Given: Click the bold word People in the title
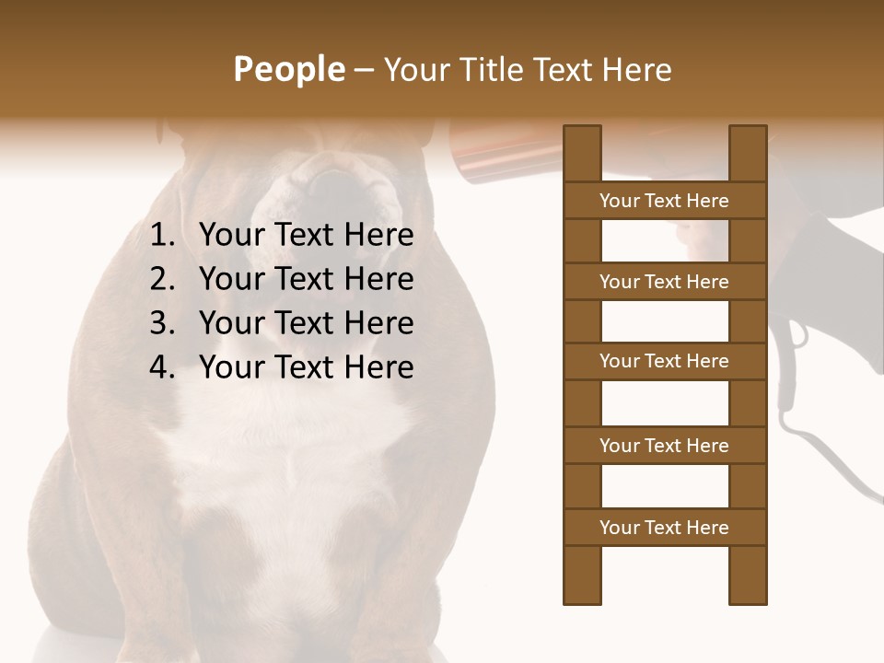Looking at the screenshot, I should click(288, 69).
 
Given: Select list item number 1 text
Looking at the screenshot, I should click(306, 235).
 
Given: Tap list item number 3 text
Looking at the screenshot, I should click(306, 323).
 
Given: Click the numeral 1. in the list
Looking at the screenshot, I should click(162, 235).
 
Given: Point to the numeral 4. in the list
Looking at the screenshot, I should click(162, 367).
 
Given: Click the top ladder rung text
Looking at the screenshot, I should click(664, 201).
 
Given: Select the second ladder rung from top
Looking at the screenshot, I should click(664, 282).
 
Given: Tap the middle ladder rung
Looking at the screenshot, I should click(664, 361).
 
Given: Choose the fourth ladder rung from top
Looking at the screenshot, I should click(664, 446).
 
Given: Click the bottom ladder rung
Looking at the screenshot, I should click(664, 528).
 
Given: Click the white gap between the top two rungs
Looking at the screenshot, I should click(664, 241).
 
